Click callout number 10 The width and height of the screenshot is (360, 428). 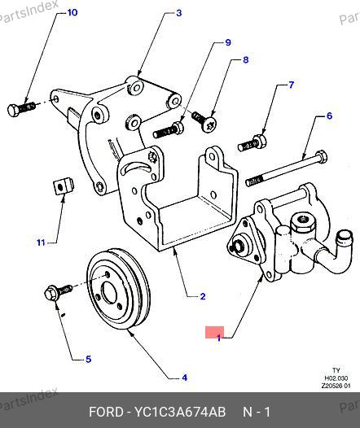(x=72, y=12)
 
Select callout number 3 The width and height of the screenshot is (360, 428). (x=179, y=13)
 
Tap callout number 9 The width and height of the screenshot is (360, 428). (x=228, y=42)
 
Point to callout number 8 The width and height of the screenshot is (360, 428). (x=246, y=59)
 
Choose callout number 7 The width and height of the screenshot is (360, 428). (x=292, y=85)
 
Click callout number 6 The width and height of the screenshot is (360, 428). (x=329, y=116)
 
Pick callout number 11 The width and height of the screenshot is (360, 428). (x=41, y=242)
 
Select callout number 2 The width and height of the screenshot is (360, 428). (x=203, y=296)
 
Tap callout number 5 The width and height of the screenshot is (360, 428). (x=88, y=359)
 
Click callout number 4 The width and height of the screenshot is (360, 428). (x=185, y=378)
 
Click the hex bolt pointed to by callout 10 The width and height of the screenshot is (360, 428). (x=21, y=109)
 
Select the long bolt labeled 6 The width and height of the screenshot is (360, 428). (x=287, y=168)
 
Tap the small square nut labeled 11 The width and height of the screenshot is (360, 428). (x=64, y=186)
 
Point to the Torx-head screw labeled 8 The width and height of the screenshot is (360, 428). (x=205, y=121)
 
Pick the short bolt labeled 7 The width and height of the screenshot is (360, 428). (x=252, y=143)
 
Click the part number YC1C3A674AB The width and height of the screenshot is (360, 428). (x=179, y=412)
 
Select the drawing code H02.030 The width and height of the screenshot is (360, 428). (x=336, y=378)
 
